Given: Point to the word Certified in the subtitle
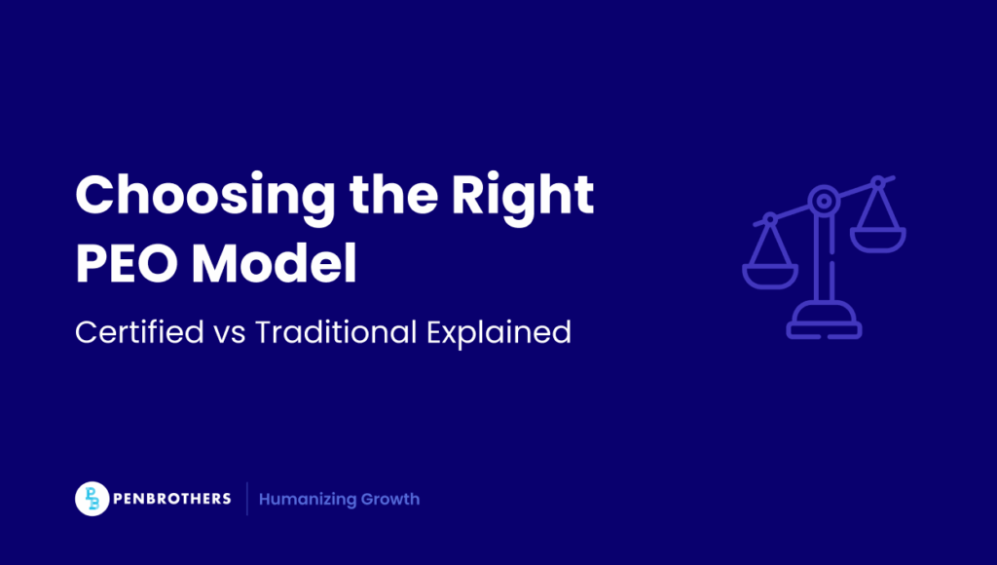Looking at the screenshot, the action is [x=139, y=331].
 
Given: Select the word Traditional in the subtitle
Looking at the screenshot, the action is [x=336, y=331].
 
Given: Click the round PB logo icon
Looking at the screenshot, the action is [x=92, y=499].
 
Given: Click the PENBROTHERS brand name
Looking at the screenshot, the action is [x=171, y=499].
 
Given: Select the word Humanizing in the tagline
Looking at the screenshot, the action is [x=307, y=500].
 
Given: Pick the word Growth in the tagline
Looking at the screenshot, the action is [x=390, y=500].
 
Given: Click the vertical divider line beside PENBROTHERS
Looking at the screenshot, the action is [x=246, y=499].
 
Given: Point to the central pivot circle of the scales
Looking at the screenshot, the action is [x=824, y=201].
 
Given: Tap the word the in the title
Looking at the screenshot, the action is [x=393, y=194].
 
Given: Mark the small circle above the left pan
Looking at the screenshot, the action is [x=770, y=219].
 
